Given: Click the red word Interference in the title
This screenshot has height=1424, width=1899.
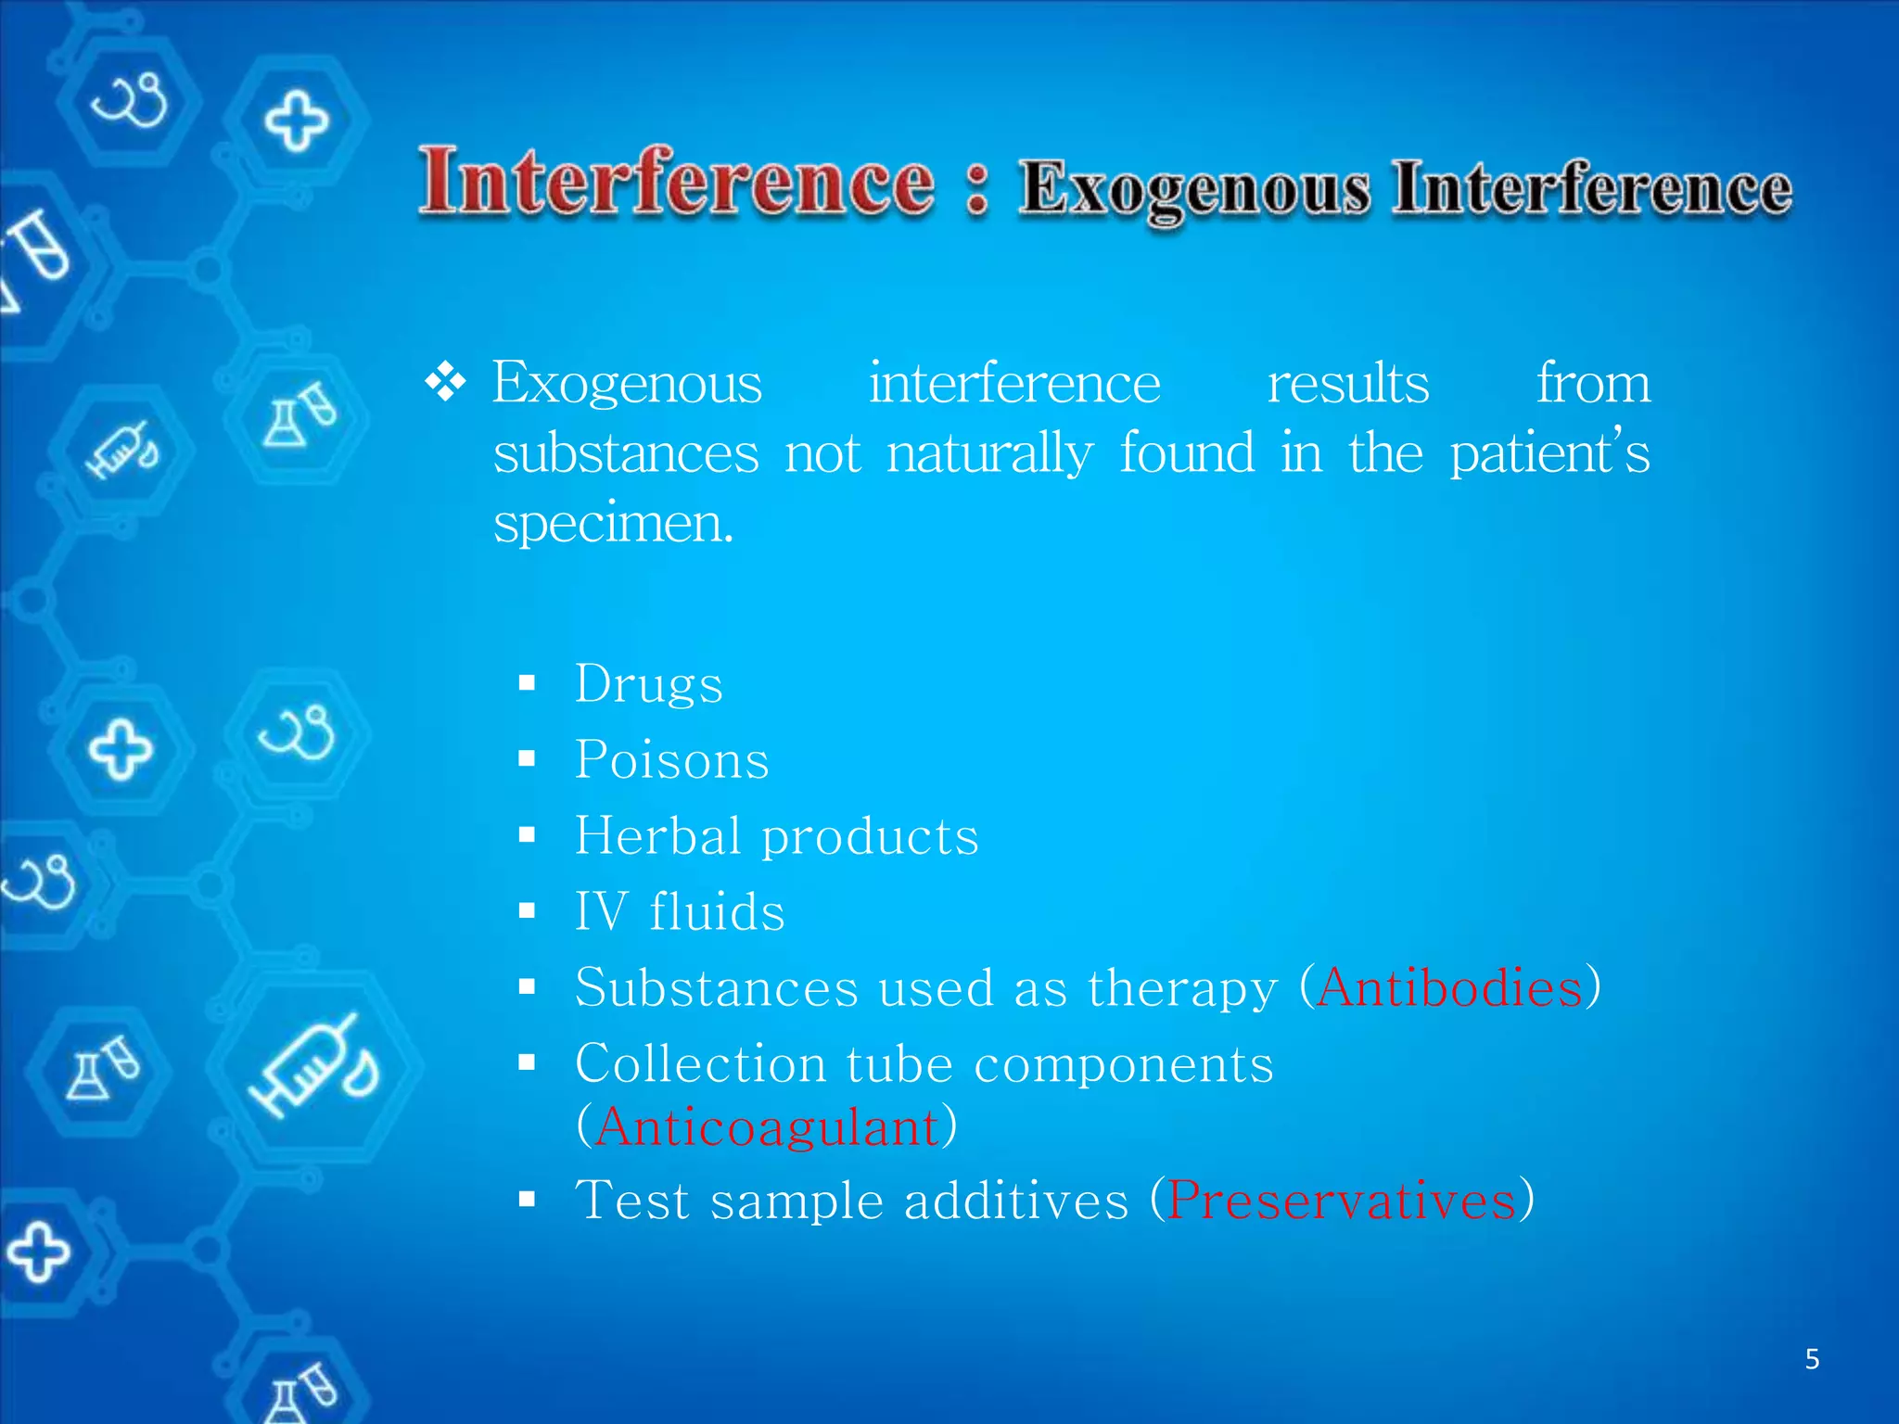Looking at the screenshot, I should coord(677,183).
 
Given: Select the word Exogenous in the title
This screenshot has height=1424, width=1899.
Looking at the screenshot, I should coord(1194,189).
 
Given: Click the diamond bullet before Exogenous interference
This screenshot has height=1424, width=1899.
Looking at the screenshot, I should coord(445,382).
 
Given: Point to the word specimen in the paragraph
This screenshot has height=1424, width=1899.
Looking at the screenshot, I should coord(612,525).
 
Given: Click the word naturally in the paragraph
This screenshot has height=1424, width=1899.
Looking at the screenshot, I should coord(989,454).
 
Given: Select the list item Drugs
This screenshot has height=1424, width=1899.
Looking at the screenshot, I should coord(648,685).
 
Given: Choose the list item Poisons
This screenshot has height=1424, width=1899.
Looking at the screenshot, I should coord(671,761).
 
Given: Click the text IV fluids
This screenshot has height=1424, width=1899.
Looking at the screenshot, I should coord(680,912).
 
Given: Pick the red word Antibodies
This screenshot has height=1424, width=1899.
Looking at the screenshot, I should coord(1449,987).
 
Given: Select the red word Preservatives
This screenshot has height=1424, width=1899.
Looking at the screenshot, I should coord(1342,1201).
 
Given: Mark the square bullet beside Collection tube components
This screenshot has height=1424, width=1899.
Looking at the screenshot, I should coord(528,1062).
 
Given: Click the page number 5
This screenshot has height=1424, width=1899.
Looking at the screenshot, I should coord(1812,1360).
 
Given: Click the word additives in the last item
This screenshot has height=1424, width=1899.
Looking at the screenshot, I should coord(1016,1201).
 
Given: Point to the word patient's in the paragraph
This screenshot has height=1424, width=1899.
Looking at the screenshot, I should coord(1549,454).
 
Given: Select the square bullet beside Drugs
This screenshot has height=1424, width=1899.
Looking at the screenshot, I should coord(528,684).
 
